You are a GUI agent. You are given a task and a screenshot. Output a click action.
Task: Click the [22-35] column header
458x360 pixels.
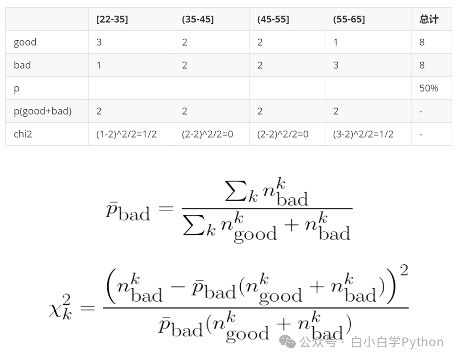pyautogui.click(x=112, y=20)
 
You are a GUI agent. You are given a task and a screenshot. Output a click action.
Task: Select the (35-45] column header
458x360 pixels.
pyautogui.click(x=198, y=20)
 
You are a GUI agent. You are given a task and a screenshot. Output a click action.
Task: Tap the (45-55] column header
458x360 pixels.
pyautogui.click(x=273, y=20)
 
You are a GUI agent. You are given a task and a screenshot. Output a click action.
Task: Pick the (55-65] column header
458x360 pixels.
pyautogui.click(x=349, y=20)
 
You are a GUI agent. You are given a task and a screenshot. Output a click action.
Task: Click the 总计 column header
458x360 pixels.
pyautogui.click(x=429, y=20)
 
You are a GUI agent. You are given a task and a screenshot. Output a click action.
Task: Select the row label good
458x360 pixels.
pyautogui.click(x=25, y=42)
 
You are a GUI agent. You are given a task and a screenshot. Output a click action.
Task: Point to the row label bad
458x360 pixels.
pyautogui.click(x=23, y=65)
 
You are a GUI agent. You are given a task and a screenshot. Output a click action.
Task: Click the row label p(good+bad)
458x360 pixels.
pyautogui.click(x=43, y=111)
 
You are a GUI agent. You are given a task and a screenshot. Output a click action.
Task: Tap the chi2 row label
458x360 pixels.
pyautogui.click(x=23, y=134)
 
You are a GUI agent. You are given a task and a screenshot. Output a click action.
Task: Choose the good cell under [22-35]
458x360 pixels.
pyautogui.click(x=99, y=42)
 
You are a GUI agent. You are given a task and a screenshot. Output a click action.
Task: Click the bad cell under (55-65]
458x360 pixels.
pyautogui.click(x=336, y=65)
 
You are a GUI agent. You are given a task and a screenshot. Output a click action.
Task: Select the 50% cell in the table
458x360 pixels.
pyautogui.click(x=429, y=88)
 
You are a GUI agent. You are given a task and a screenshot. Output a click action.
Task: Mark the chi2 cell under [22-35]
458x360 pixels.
pyautogui.click(x=126, y=134)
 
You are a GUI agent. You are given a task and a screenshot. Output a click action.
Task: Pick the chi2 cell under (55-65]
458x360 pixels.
pyautogui.click(x=363, y=134)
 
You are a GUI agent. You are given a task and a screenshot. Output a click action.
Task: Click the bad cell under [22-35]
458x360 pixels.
pyautogui.click(x=99, y=65)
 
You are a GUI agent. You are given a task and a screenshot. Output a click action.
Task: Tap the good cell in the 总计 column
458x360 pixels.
pyautogui.click(x=422, y=42)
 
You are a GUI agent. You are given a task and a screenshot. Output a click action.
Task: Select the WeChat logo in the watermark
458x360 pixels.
pyautogui.click(x=288, y=342)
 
